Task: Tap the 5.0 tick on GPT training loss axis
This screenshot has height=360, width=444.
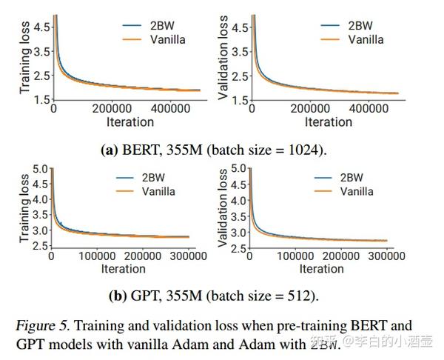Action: (40, 169)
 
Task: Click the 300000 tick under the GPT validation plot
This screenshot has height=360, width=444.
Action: (386, 256)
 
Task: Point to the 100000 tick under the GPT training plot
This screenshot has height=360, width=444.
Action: (97, 256)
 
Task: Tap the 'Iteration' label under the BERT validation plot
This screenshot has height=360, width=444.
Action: (329, 121)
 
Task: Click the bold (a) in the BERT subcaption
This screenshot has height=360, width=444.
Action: (109, 149)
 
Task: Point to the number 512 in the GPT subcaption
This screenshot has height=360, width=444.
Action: (303, 296)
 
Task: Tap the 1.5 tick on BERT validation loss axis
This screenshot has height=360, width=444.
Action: (242, 99)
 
